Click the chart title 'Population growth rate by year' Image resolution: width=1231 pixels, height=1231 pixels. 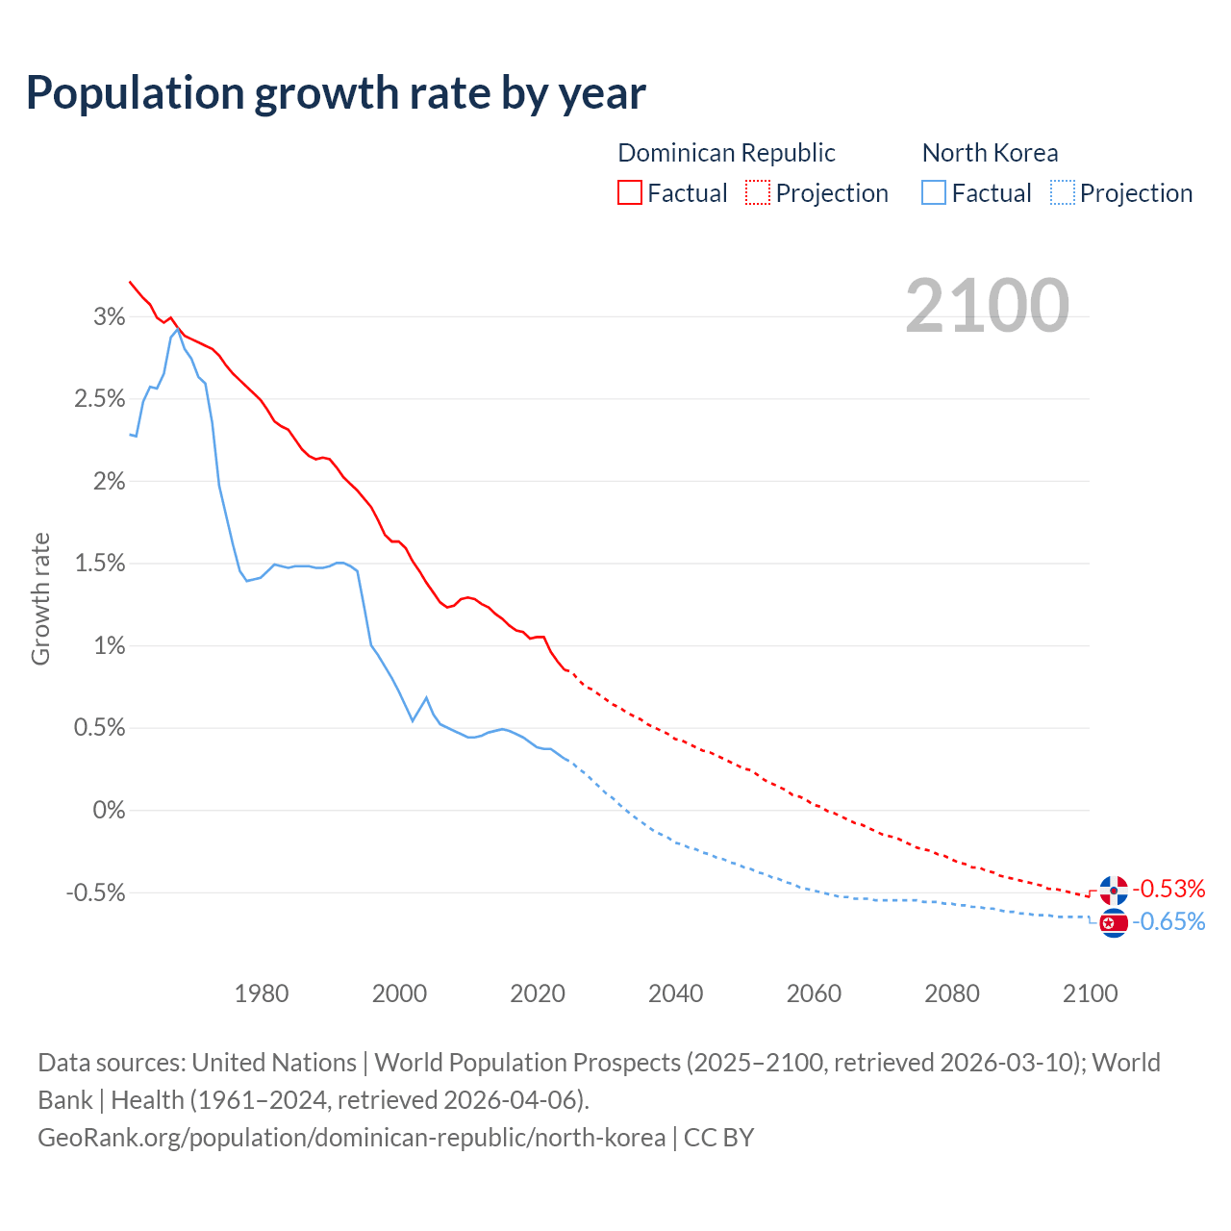click(336, 93)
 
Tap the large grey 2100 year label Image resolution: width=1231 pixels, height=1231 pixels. click(987, 306)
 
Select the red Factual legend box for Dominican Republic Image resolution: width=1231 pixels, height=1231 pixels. click(630, 192)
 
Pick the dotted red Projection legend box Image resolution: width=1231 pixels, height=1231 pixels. click(758, 192)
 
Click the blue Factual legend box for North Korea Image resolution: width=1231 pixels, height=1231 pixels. click(934, 192)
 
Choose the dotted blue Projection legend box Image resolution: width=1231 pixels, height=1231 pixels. click(1062, 192)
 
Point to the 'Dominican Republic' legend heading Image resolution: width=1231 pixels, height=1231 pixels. click(726, 153)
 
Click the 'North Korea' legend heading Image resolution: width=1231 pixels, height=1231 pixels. click(990, 153)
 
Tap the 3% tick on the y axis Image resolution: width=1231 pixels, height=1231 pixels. click(110, 316)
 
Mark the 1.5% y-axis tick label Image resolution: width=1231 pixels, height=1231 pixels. click(100, 564)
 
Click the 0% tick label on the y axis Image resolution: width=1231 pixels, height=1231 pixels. click(110, 810)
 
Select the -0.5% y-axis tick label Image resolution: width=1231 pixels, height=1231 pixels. click(96, 892)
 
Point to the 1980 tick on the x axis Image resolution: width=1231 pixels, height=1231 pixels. click(262, 993)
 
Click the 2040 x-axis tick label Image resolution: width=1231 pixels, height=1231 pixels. click(676, 993)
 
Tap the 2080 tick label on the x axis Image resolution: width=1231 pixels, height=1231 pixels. click(952, 993)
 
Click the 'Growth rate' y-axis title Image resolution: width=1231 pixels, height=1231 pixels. click(40, 598)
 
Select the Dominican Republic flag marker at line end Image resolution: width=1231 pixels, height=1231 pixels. click(1114, 891)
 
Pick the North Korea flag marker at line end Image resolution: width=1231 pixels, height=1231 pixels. click(1114, 923)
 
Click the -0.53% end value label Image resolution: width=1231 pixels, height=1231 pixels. click(1168, 889)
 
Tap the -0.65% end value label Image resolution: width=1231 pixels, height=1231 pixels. click(1168, 922)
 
